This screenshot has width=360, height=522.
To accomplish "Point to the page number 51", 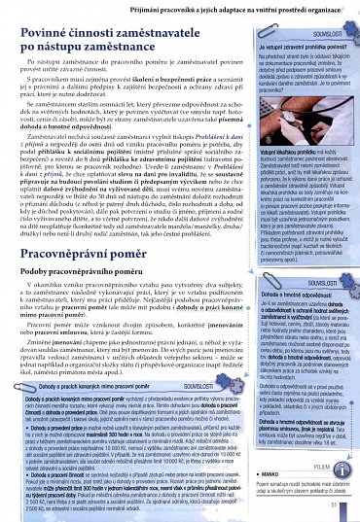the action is tap(335, 505).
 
